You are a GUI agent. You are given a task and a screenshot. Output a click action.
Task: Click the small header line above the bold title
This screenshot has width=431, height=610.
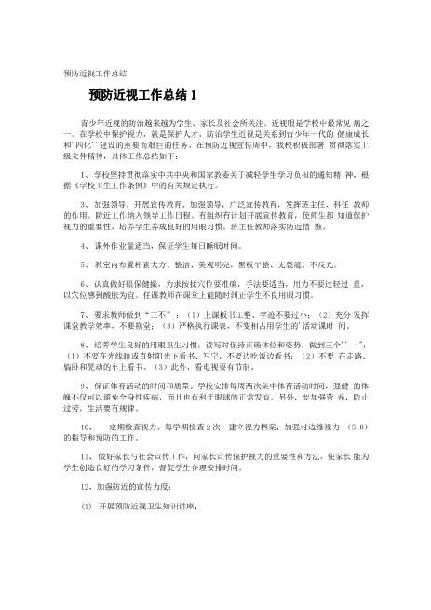[94, 72]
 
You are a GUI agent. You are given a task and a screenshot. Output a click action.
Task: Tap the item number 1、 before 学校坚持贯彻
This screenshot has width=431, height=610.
[86, 174]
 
